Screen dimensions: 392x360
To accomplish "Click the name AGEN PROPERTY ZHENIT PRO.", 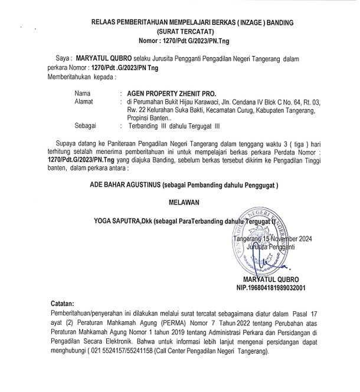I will [168, 93].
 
